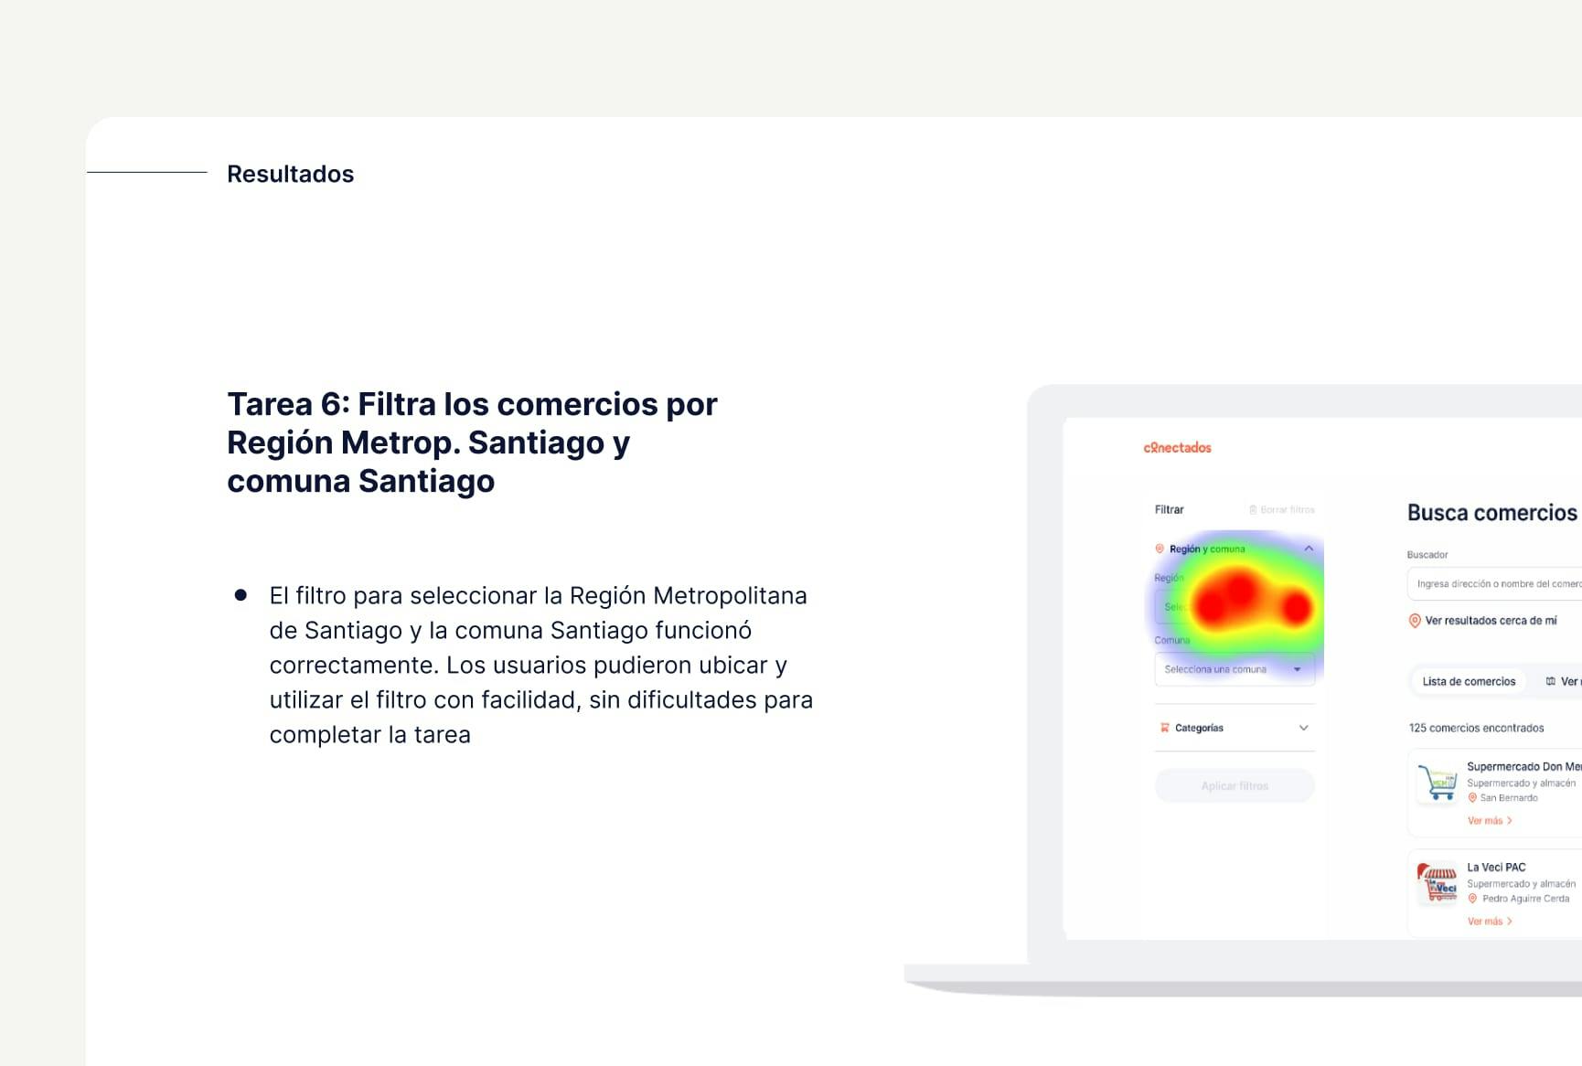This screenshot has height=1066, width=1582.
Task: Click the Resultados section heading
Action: tap(290, 174)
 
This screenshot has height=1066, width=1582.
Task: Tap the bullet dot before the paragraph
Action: tap(241, 595)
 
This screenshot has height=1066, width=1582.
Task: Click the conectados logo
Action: tap(1177, 448)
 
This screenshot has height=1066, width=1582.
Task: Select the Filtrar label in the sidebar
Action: tap(1169, 510)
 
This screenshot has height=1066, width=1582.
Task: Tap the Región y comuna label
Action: tap(1207, 549)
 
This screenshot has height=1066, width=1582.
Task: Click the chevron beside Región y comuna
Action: tap(1309, 549)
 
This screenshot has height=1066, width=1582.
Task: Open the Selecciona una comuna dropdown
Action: tap(1234, 669)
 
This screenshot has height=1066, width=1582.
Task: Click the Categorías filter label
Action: tap(1199, 728)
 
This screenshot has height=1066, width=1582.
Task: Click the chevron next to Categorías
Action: tap(1304, 728)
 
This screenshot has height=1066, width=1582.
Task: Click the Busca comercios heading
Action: tap(1491, 513)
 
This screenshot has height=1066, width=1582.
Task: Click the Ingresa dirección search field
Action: tap(1498, 584)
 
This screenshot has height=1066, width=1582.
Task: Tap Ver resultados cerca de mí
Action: tap(1490, 621)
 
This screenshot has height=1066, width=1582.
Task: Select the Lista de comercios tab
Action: tap(1469, 681)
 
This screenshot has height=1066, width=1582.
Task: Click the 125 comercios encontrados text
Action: tap(1476, 728)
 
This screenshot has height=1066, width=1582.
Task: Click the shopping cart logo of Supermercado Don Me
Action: tap(1437, 783)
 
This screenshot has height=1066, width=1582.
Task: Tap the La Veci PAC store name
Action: tap(1496, 868)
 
